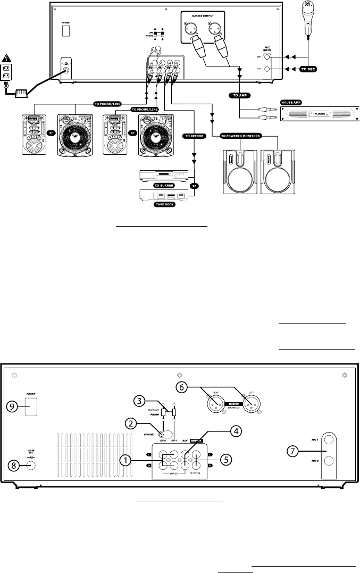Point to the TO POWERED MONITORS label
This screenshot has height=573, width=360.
(x=245, y=136)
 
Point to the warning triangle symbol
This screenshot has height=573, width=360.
(x=7, y=57)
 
